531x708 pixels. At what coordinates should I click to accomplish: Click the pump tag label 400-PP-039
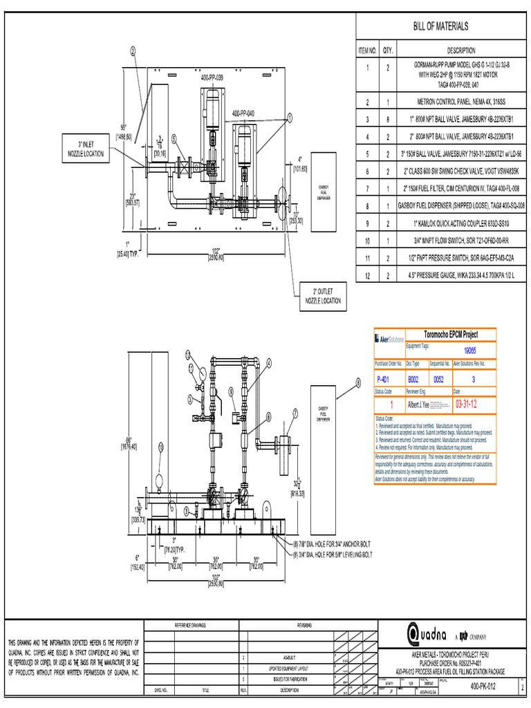212,79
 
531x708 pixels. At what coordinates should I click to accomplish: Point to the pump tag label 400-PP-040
243,113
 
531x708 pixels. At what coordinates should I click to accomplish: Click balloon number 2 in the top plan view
133,50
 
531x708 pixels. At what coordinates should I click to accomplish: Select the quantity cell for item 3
387,119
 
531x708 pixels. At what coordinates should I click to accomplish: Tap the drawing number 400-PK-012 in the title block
488,685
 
